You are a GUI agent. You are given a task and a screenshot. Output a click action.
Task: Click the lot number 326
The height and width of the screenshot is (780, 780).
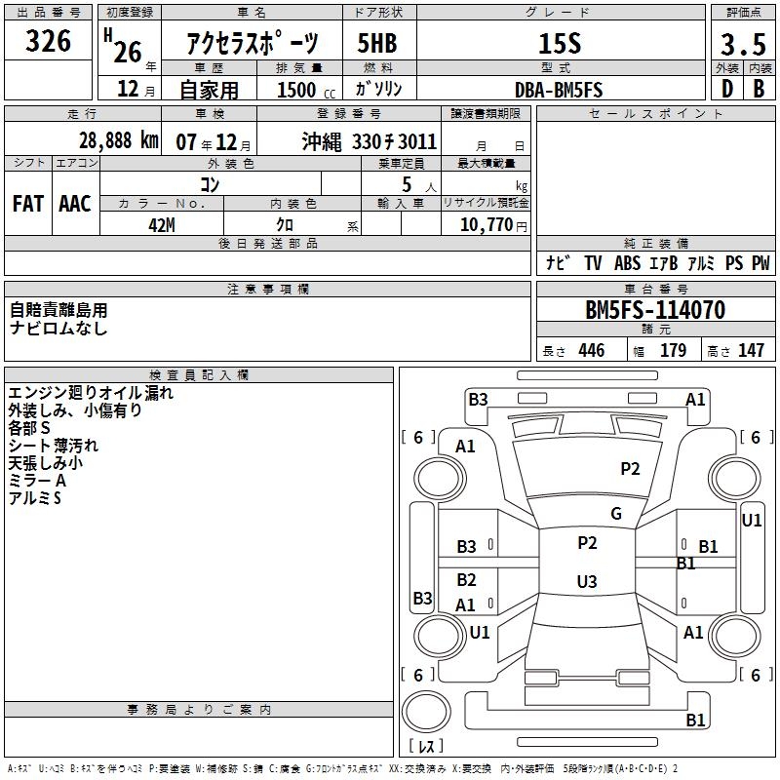48,41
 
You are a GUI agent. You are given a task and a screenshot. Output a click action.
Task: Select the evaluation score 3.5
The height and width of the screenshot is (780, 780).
741,46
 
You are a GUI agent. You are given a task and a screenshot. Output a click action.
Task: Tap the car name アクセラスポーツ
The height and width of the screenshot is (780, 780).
253,44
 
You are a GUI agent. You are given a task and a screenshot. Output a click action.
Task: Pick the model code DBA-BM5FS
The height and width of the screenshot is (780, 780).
559,90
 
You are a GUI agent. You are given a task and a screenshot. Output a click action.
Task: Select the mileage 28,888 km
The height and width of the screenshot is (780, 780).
118,140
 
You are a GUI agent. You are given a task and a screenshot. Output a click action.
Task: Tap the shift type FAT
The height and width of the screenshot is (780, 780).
27,203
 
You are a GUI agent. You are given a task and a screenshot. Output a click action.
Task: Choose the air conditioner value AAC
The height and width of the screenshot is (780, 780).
74,203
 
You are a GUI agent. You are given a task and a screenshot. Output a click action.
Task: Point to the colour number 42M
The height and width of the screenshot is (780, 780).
161,224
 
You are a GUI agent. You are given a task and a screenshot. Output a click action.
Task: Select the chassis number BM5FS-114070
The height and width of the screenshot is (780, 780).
654,310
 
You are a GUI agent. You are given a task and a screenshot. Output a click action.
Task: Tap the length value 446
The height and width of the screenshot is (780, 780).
591,351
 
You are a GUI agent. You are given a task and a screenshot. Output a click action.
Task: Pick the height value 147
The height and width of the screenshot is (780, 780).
751,351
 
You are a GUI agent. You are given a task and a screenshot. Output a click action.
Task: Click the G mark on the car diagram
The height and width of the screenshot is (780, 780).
616,514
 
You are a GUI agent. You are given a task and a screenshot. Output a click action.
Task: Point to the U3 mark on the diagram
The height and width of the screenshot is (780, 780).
586,582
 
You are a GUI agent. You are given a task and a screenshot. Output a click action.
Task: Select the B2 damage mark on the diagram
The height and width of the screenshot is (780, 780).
466,580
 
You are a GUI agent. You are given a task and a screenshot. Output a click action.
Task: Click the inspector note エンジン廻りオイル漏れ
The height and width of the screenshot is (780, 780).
91,393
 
